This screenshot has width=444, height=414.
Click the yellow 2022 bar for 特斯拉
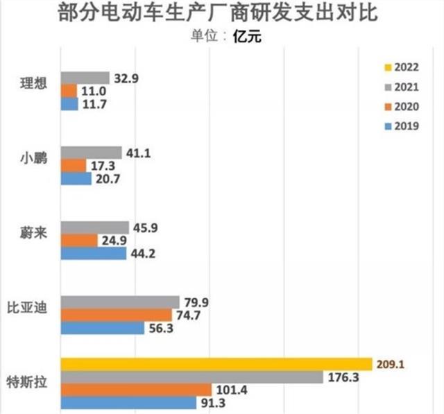[x=216, y=364]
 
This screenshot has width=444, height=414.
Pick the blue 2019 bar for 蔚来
[x=94, y=254]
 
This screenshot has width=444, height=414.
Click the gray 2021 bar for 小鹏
[x=92, y=153]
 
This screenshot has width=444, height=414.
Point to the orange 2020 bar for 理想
[x=69, y=91]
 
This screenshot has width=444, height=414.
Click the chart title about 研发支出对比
[x=222, y=13]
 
